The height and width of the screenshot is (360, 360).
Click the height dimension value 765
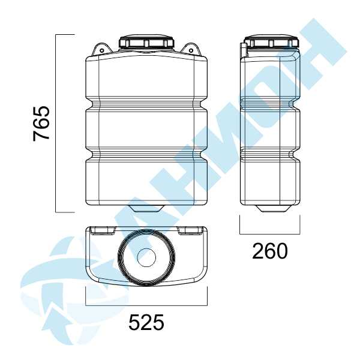click(x=41, y=123)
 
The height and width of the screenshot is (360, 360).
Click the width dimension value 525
click(x=146, y=322)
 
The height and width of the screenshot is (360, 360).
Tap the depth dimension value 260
click(x=270, y=251)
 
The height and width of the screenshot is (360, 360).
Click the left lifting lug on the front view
click(x=101, y=49)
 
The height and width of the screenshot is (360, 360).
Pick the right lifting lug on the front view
click(x=191, y=49)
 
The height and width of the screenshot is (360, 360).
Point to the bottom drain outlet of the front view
click(x=146, y=208)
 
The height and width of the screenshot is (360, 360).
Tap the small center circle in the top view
click(x=146, y=257)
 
